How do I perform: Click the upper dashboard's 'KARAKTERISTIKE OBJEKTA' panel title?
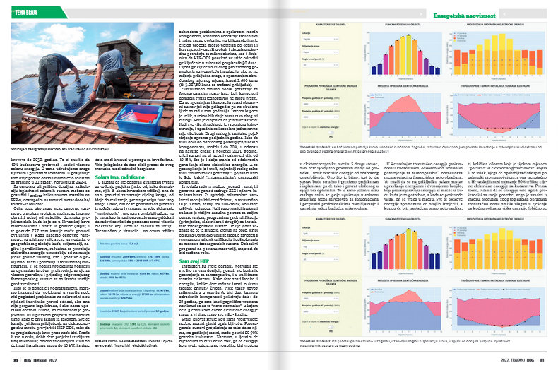point(319,23)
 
